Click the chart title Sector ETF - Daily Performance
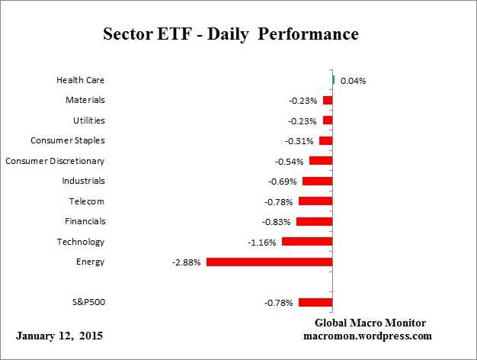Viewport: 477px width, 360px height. tap(230, 34)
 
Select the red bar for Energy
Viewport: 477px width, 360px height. tap(270, 262)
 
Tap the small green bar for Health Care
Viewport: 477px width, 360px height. tap(334, 79)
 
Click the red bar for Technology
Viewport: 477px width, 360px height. tap(307, 241)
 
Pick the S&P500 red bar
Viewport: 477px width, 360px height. tap(315, 302)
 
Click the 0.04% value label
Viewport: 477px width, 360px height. tap(353, 80)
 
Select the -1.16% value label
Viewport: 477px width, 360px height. tap(262, 242)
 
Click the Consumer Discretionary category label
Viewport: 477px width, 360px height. tap(55, 161)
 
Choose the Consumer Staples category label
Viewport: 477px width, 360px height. tap(68, 140)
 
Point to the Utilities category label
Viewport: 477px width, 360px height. tap(89, 121)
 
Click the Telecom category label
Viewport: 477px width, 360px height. tap(87, 201)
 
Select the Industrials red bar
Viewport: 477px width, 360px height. tap(318, 181)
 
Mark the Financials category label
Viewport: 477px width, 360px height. tap(85, 221)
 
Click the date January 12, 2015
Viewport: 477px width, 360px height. tap(59, 336)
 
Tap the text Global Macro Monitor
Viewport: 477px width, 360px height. tap(370, 323)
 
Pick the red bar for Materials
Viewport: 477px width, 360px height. tap(328, 100)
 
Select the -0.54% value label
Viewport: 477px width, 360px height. tap(290, 161)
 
